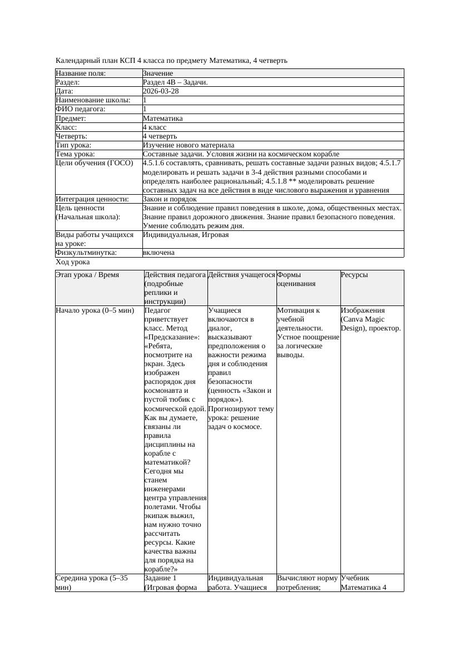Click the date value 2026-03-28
[161, 91]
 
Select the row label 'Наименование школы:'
[93, 100]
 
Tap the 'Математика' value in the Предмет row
[162, 118]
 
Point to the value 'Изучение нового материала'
[189, 145]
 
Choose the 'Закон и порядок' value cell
[170, 199]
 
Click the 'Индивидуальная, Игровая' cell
[186, 235]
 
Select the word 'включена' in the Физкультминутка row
[159, 253]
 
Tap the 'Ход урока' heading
[73, 262]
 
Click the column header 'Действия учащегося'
[241, 275]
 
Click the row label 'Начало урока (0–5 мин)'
[95, 310]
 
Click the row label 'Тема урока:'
[76, 154]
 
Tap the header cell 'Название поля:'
[81, 73]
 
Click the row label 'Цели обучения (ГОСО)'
[95, 163]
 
